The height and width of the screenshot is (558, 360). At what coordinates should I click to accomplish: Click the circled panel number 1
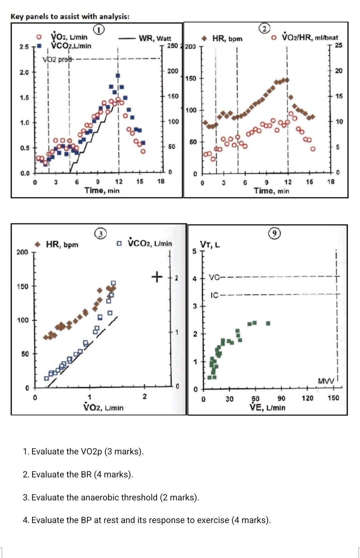pyautogui.click(x=99, y=29)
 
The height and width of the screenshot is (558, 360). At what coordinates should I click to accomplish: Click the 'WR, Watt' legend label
pyautogui.click(x=155, y=38)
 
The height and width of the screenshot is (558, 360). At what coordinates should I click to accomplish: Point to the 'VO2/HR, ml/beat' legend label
pyautogui.click(x=310, y=37)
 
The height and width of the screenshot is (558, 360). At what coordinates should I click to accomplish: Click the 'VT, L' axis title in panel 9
pyautogui.click(x=210, y=245)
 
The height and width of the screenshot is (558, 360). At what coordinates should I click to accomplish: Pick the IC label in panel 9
pyautogui.click(x=215, y=295)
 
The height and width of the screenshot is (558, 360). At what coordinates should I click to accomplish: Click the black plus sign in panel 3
pyautogui.click(x=156, y=277)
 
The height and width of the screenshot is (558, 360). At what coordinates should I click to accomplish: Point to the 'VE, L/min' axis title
pyautogui.click(x=268, y=407)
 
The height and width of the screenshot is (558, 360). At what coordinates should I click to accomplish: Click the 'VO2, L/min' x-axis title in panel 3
pyautogui.click(x=103, y=407)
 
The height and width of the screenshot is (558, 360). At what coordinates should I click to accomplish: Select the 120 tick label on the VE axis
pyautogui.click(x=307, y=398)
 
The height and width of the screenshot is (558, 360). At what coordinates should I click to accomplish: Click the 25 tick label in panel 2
pyautogui.click(x=338, y=45)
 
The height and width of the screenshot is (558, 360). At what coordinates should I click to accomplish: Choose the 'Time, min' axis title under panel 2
pyautogui.click(x=271, y=191)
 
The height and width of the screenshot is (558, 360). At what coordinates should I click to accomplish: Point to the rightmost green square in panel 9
pyautogui.click(x=268, y=323)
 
